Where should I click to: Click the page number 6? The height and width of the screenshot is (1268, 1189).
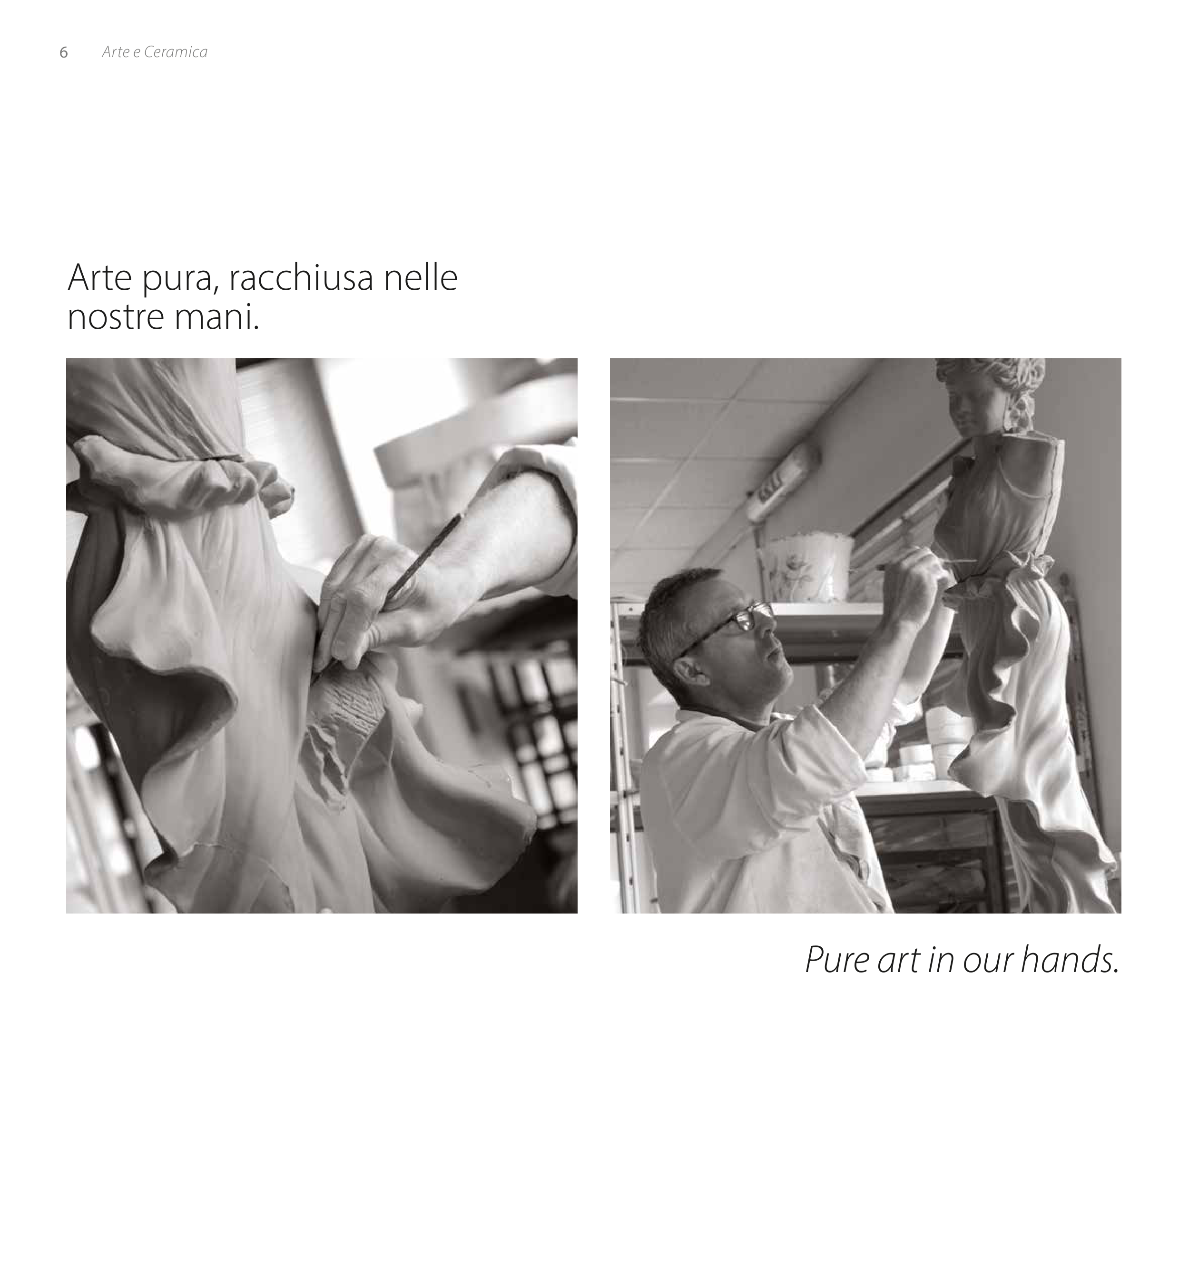point(63,52)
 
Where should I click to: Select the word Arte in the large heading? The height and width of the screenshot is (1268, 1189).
point(99,277)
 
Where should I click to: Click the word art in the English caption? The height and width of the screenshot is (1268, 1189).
point(899,960)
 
